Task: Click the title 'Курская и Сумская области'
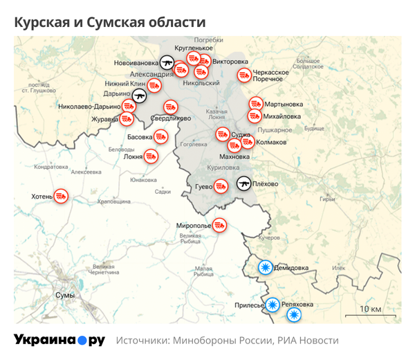coord(109,23)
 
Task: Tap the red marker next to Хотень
coord(62,197)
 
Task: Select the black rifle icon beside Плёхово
coord(243,183)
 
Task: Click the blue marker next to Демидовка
coord(264,267)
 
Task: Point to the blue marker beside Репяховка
coord(294,315)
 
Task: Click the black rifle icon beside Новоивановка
coord(166,63)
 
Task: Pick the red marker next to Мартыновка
coord(256,105)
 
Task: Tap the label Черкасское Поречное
coord(270,75)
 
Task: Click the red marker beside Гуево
coord(221,186)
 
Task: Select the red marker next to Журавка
coord(127,118)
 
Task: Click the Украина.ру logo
coord(59,340)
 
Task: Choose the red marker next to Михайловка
coord(255,116)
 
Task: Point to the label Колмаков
coord(271,143)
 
